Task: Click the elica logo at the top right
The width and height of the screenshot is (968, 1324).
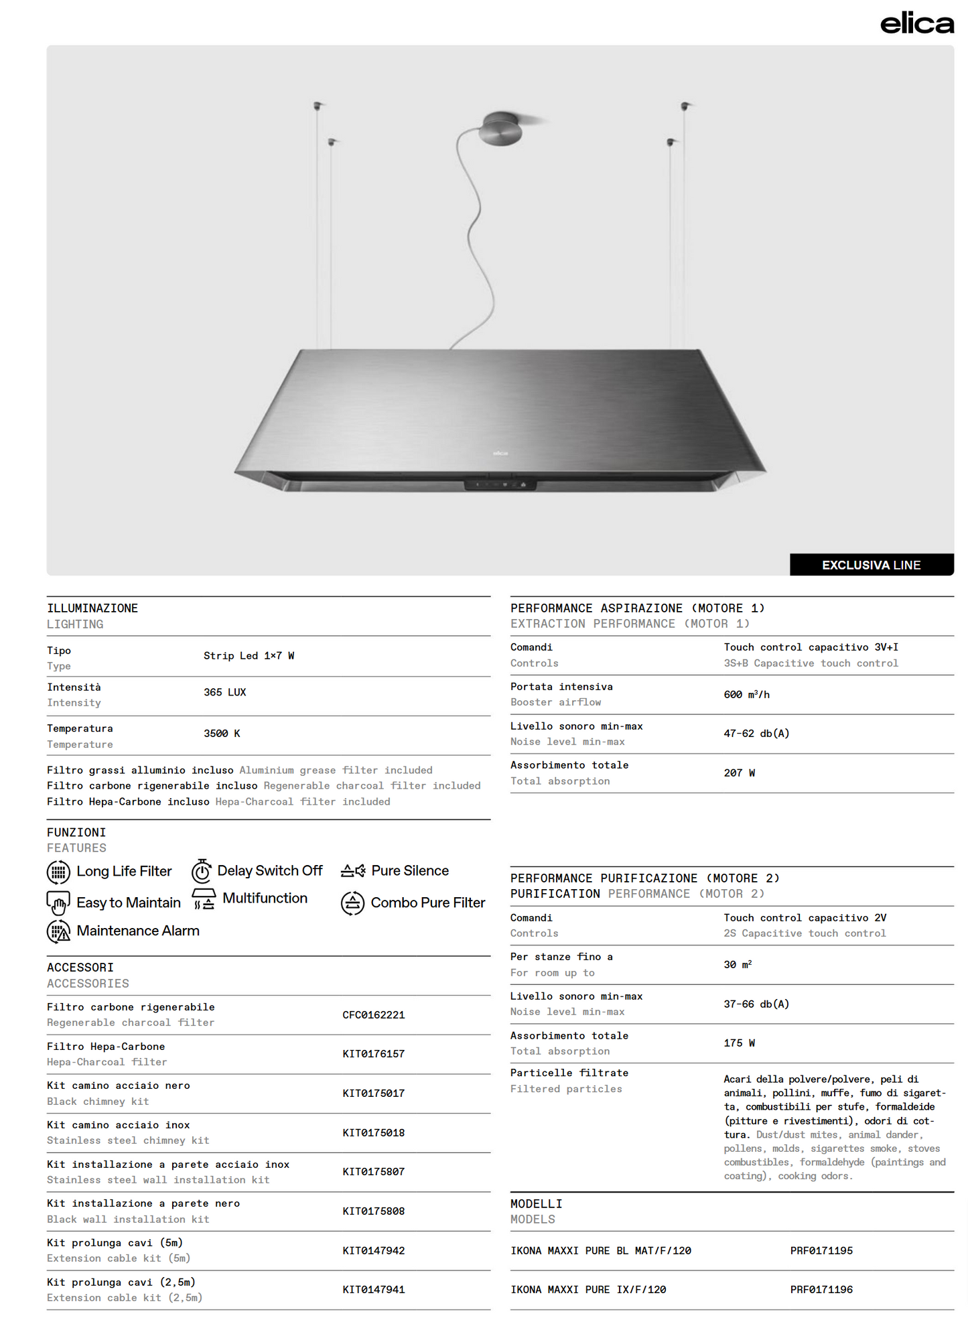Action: click(916, 23)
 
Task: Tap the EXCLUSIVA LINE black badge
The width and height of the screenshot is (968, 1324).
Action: click(871, 565)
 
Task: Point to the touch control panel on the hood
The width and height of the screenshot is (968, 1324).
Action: click(500, 484)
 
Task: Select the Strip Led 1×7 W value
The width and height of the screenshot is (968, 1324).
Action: click(249, 656)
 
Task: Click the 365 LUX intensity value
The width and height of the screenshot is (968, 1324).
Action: click(224, 692)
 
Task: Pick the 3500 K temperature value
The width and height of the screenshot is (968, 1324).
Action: click(222, 734)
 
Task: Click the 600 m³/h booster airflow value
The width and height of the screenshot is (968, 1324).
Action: click(746, 695)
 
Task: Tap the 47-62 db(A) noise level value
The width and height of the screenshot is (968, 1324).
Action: click(756, 734)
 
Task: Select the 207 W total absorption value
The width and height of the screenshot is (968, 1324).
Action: click(739, 773)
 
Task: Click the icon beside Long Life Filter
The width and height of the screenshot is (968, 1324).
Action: click(58, 872)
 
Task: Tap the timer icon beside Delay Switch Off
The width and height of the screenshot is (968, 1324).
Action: click(202, 871)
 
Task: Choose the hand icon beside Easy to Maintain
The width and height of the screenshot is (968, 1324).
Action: click(58, 903)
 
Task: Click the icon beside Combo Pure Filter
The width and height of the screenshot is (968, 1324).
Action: click(353, 903)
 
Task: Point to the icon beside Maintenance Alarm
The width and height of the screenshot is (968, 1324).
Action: click(59, 931)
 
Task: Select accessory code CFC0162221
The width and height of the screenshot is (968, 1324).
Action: click(373, 1015)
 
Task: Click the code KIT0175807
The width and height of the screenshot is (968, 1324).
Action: click(373, 1172)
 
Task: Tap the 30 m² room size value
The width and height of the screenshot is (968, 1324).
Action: click(738, 965)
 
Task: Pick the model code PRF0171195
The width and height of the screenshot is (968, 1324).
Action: click(821, 1251)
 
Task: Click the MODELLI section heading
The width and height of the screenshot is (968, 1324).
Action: click(536, 1204)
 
